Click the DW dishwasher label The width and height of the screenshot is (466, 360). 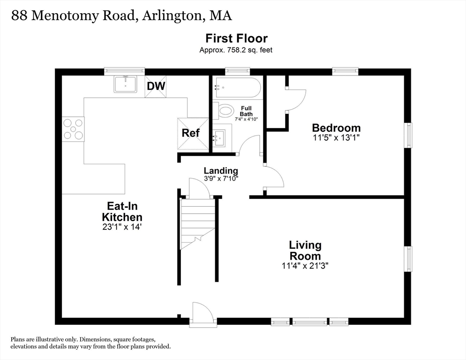156,86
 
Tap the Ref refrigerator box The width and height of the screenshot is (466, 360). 191,133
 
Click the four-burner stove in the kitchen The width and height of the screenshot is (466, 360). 74,129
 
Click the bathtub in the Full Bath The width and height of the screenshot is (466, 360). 237,88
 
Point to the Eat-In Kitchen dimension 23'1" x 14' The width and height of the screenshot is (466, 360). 122,227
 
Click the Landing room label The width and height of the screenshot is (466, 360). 220,171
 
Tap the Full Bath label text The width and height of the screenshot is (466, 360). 246,111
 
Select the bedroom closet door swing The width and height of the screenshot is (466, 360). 295,99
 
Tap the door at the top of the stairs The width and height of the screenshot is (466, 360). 199,188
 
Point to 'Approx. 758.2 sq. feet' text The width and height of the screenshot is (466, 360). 236,50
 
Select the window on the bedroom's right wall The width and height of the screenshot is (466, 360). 408,135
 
